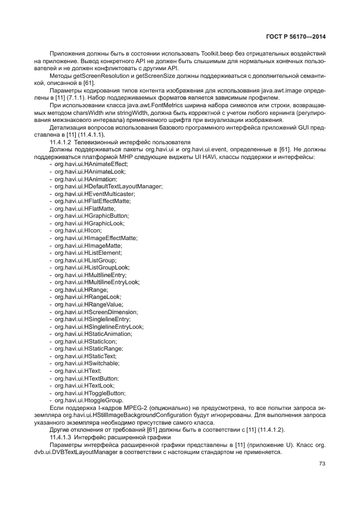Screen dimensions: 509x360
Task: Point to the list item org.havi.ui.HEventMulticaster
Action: pos(94,194)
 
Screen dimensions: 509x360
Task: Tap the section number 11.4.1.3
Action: pos(62,437)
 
